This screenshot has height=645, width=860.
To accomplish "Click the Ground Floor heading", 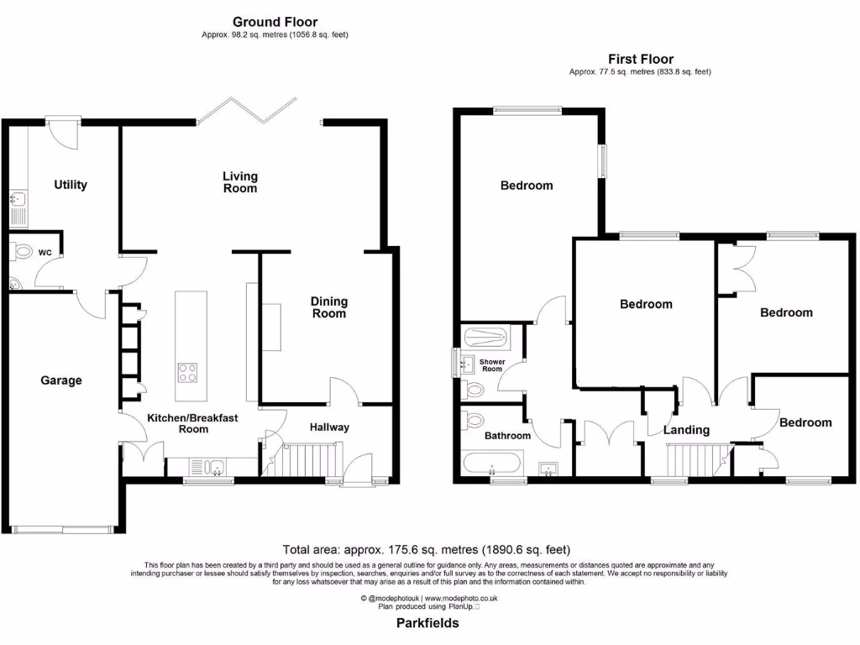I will [275, 22].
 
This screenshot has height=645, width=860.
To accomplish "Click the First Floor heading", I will [640, 59].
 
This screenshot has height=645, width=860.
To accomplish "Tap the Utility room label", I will [71, 185].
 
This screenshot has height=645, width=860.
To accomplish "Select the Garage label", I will [61, 380].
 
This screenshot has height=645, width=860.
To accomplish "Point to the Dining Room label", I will [328, 307].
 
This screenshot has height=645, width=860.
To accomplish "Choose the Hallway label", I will [328, 427].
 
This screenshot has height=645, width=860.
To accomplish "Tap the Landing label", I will [686, 430].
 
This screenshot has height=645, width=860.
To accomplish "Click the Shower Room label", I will [492, 365].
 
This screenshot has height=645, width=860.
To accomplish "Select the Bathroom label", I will [507, 436].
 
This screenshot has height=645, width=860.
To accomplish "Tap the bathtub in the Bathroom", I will [492, 463].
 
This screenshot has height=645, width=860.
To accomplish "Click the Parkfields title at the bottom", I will [427, 624].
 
